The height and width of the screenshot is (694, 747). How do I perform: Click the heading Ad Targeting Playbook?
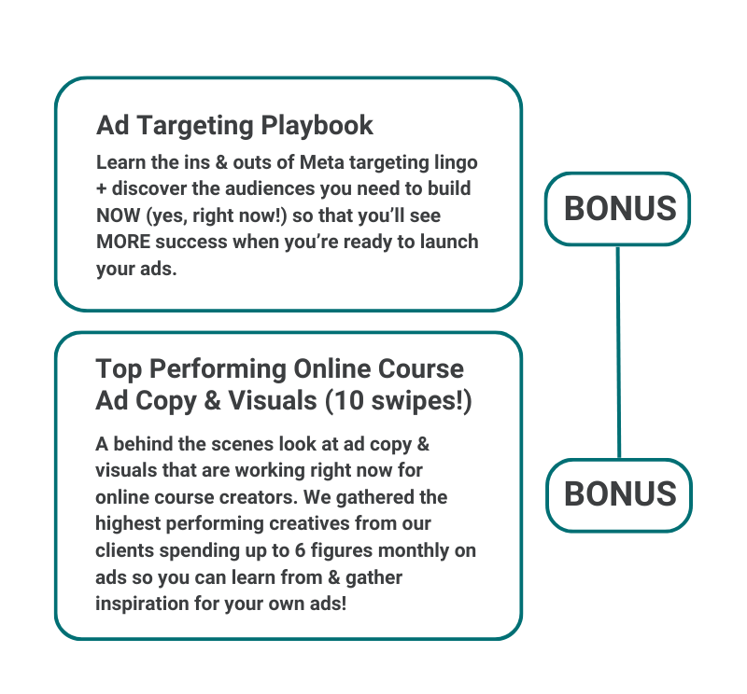tap(234, 126)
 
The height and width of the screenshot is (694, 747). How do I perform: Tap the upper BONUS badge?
tap(618, 209)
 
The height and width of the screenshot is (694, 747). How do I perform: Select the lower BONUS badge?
tap(619, 495)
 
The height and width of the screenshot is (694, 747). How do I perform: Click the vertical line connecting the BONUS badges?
tap(618, 353)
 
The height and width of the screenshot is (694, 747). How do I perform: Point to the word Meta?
tap(322, 162)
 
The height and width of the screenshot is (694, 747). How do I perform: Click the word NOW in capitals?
tap(119, 215)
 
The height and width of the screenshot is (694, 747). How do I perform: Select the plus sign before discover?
tap(101, 189)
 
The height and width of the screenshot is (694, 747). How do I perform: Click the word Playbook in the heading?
tap(317, 126)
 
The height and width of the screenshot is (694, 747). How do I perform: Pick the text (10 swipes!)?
tap(399, 400)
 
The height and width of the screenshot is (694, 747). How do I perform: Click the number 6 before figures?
tap(300, 550)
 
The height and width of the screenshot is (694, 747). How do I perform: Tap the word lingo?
tap(456, 163)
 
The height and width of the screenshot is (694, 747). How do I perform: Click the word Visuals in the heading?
tap(273, 400)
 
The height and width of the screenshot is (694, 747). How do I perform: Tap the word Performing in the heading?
tap(218, 369)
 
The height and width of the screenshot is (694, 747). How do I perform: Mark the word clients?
tap(125, 550)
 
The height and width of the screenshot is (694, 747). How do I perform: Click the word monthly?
tap(414, 551)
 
